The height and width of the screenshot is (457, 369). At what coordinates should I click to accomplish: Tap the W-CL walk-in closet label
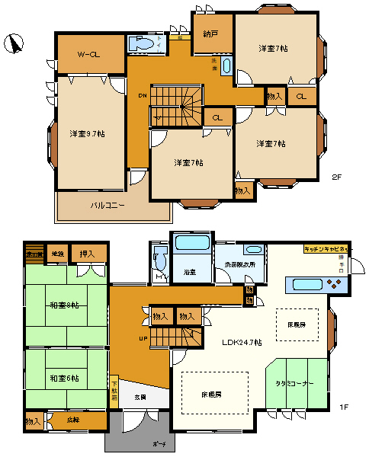coord(91,54)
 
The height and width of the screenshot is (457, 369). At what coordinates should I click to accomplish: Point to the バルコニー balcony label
coord(109,205)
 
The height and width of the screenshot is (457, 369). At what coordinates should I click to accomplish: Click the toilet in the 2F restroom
coord(142,45)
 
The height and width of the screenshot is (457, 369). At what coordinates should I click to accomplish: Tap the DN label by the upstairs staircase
coord(143,96)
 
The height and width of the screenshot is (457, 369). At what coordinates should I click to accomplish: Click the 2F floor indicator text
coord(337,178)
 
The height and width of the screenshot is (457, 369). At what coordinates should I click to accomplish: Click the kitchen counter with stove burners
coord(316,285)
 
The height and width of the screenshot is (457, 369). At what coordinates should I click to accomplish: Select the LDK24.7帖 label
coord(242,343)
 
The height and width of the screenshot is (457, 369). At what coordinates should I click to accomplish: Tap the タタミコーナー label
coord(294,385)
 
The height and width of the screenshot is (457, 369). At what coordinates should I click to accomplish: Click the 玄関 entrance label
coord(142,398)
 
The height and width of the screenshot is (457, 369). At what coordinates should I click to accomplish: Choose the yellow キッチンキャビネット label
coord(326,249)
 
